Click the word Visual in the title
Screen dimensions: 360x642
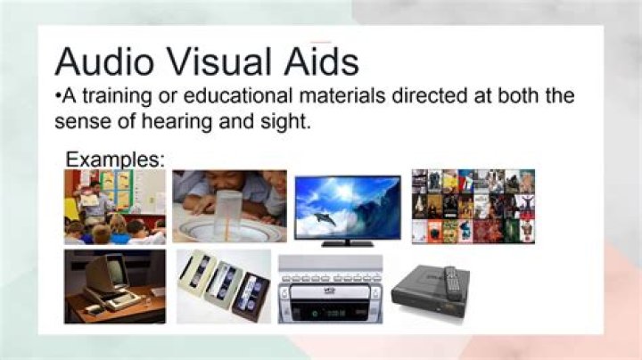tap(226, 62)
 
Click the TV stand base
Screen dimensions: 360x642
tap(347, 242)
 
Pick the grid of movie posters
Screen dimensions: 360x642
tap(473, 206)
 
